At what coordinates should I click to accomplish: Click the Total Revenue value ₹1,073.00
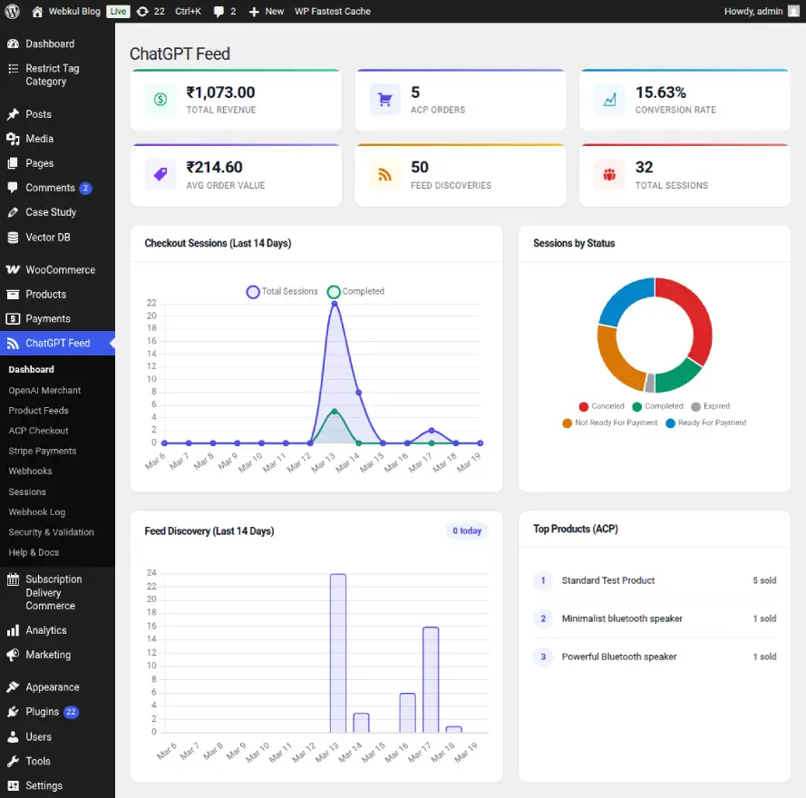(220, 92)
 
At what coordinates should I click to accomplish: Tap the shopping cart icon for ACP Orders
(384, 100)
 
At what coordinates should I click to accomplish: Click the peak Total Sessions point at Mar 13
(335, 304)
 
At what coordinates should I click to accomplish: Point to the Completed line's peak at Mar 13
(335, 412)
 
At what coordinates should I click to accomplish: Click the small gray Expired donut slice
(649, 382)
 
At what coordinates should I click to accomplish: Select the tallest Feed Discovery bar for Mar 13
(337, 653)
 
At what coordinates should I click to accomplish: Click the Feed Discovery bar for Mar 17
(431, 679)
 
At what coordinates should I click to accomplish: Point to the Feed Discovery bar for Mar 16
(407, 713)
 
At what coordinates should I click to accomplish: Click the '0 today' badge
(467, 530)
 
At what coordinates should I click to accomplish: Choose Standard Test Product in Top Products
(607, 580)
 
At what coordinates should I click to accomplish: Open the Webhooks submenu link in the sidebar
(31, 472)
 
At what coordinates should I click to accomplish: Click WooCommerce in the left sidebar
(60, 270)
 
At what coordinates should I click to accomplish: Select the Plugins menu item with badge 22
(43, 712)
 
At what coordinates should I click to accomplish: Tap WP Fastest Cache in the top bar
(333, 12)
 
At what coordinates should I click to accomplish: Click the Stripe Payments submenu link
(43, 451)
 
